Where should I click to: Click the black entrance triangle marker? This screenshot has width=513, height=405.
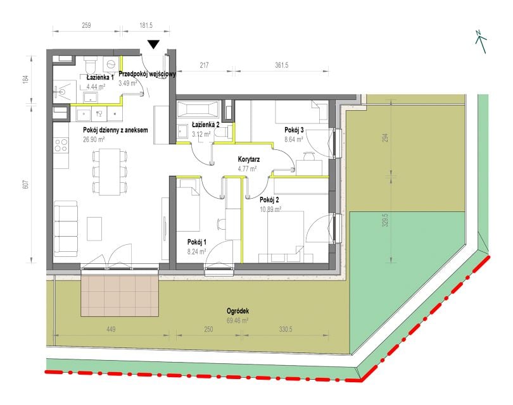coord(153,44)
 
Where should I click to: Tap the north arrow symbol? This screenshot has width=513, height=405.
coord(480,41)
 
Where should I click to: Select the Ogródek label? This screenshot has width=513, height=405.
coord(237,311)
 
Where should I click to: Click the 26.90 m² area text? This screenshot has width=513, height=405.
coord(94,139)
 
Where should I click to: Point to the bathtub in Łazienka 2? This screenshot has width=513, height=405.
coord(197,109)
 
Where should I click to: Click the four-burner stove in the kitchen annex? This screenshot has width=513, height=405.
coord(61,145)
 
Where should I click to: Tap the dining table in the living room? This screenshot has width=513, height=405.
coord(110,171)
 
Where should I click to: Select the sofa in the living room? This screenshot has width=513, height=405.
coord(66,229)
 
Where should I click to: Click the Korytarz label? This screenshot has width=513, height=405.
coord(249,159)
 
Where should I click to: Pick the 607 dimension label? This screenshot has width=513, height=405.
coord(26,184)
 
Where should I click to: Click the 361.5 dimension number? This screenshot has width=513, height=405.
coord(281,65)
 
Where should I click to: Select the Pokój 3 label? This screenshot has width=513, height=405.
coord(294,130)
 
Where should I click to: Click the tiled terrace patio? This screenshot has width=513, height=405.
coord(120,296)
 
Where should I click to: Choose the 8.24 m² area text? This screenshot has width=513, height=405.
coord(196,251)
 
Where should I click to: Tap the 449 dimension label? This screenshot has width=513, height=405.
coord(111,329)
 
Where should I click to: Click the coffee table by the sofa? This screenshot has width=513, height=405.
coord(94,229)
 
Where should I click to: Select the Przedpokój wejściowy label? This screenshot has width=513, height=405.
coord(147,74)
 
